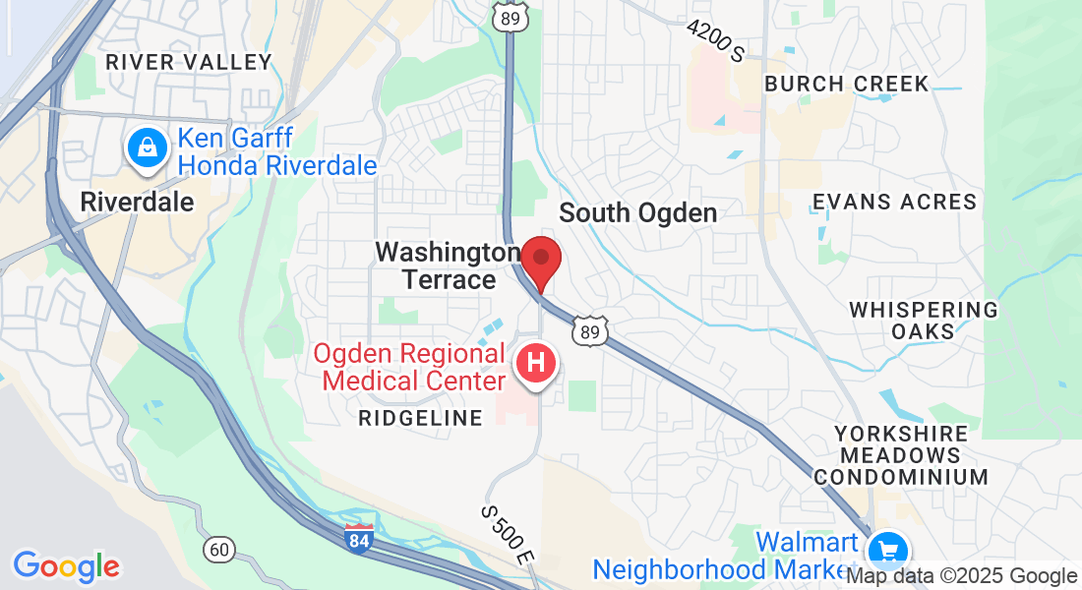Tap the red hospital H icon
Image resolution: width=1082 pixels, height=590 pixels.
click(x=536, y=363)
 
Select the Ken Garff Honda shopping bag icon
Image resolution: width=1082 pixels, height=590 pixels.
click(x=147, y=148)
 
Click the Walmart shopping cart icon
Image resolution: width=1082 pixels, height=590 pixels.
click(x=888, y=548)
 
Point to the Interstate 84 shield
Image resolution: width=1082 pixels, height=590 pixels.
click(x=359, y=538)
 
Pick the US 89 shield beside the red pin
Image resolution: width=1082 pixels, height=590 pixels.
click(x=590, y=331)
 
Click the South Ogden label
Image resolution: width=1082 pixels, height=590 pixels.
click(x=637, y=212)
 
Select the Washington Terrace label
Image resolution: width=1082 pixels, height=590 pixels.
click(x=449, y=265)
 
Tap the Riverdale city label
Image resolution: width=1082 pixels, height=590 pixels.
click(x=137, y=202)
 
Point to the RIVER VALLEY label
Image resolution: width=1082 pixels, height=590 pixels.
click(x=188, y=62)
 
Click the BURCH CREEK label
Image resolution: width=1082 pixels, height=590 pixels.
click(x=846, y=84)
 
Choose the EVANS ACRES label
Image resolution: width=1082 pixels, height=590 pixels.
click(x=894, y=202)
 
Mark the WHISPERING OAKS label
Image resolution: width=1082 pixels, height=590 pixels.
click(x=923, y=320)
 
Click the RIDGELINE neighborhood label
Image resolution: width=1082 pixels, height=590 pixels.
click(x=421, y=418)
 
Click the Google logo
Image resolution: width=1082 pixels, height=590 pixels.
click(x=66, y=566)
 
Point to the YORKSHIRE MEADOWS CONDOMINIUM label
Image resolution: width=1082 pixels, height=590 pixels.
click(x=900, y=455)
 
